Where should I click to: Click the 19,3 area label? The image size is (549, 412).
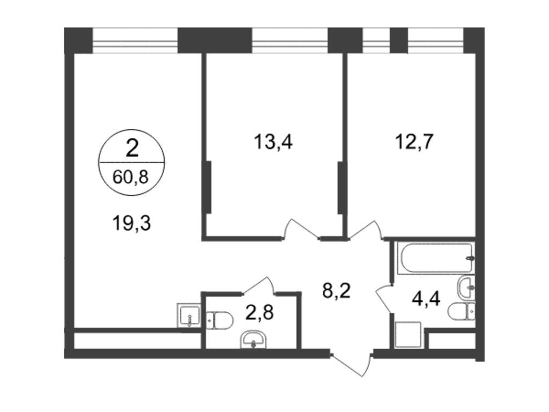132,224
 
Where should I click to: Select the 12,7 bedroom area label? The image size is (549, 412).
414,142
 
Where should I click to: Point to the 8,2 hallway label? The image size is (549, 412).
337,290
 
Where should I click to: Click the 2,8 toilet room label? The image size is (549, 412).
260,312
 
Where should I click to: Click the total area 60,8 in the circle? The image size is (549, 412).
131,177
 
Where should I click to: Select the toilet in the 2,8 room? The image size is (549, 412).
220,320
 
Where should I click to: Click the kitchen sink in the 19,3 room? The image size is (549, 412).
189,315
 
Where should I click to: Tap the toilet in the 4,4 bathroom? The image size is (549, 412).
462,311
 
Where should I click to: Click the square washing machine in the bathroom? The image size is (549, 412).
408,334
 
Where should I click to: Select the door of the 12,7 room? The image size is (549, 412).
366,230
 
